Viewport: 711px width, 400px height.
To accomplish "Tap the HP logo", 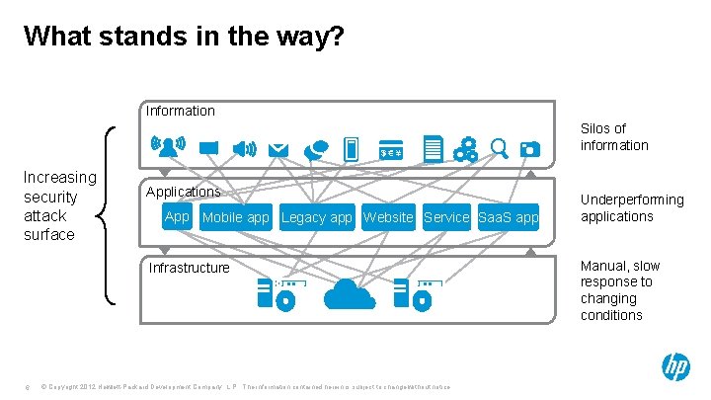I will [x=675, y=367].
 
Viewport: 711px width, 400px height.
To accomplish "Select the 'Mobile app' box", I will [x=235, y=217].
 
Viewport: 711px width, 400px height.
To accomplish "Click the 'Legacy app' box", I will [x=317, y=217].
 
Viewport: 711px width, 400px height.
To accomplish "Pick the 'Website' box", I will [x=388, y=217].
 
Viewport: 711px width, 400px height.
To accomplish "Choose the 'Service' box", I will [x=446, y=217].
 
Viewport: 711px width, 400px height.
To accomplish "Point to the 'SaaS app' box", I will [x=509, y=217].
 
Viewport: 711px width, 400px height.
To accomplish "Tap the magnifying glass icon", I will [x=499, y=149].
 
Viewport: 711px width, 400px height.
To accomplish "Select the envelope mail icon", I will [x=278, y=150].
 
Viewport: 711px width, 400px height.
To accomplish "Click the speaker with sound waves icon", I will [x=242, y=149].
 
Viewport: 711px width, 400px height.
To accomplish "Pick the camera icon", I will [x=530, y=150].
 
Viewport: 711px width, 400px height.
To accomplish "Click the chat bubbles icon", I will [x=316, y=150].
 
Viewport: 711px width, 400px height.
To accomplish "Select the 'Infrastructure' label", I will [x=189, y=268].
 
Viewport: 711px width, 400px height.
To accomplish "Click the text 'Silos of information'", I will [x=614, y=136].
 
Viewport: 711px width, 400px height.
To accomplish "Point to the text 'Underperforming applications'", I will [x=632, y=207].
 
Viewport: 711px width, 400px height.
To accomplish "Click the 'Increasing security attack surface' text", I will [x=60, y=205].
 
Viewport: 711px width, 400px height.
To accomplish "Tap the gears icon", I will [x=465, y=150].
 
